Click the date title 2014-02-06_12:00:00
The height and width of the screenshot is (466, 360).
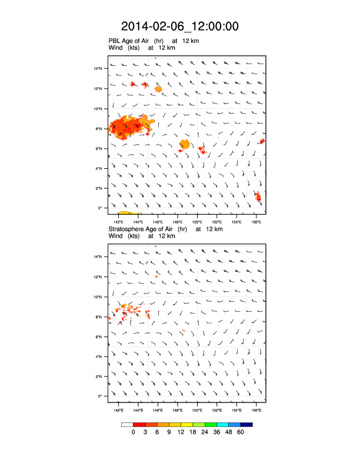click(179, 26)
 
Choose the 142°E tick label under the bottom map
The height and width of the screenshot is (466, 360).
click(118, 411)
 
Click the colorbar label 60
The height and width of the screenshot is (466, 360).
click(240, 432)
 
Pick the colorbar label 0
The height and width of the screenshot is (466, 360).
click(134, 432)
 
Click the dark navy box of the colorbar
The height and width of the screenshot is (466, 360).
click(246, 424)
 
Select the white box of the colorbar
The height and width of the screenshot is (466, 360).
click(127, 424)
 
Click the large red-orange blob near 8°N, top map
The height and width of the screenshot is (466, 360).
click(131, 127)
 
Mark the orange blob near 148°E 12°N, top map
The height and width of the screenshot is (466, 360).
click(158, 89)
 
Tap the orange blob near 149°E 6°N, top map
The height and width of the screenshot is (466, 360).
click(185, 144)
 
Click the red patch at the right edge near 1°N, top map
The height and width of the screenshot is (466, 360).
click(258, 197)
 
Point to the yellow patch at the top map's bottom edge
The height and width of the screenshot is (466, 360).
click(128, 213)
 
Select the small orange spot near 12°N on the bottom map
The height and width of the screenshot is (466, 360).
click(156, 276)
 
